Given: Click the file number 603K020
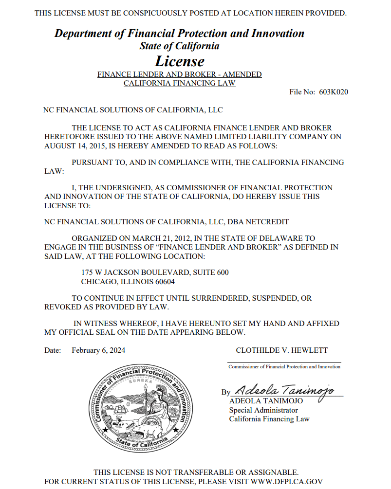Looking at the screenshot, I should coord(334,92).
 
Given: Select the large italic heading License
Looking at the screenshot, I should coord(180,61).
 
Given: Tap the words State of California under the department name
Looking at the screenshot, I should coord(179,46).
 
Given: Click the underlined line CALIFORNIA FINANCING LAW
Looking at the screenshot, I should coord(179,83).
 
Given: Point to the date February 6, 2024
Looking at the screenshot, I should coord(98,350).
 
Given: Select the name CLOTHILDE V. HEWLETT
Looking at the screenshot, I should coord(281,350).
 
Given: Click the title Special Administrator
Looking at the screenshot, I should coord(263,410).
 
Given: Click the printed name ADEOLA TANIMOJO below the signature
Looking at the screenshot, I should coord(266,401).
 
